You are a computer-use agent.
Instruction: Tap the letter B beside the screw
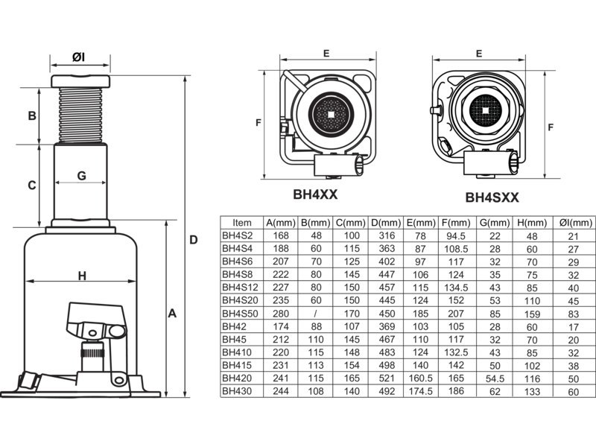point(31,115)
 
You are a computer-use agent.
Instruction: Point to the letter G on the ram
point(82,176)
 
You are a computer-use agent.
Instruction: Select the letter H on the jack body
point(82,276)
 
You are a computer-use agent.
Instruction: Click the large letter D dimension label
point(193,240)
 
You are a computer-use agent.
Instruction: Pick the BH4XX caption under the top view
point(315,194)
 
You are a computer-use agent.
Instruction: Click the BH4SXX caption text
point(492,198)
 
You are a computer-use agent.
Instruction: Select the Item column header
point(242,222)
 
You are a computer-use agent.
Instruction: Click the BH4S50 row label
point(240,314)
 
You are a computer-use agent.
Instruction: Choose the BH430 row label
point(237,390)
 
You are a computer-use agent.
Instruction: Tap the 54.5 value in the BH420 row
point(495,377)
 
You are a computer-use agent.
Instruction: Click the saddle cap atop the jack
point(80,80)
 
